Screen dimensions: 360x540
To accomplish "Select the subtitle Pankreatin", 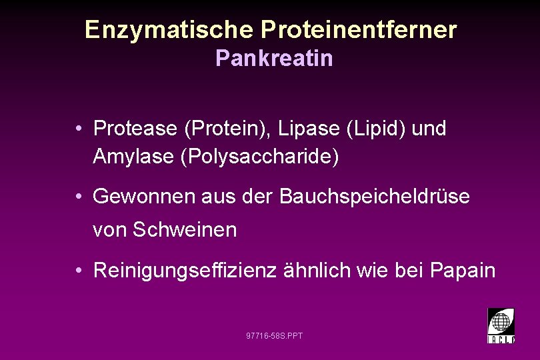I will pyautogui.click(x=274, y=59).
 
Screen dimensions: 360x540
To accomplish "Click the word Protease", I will pyautogui.click(x=135, y=129).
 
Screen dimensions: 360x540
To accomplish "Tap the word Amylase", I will pyautogui.click(x=134, y=157).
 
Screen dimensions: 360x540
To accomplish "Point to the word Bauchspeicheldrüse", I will pyautogui.click(x=375, y=197).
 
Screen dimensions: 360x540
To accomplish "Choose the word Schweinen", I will pyautogui.click(x=185, y=230).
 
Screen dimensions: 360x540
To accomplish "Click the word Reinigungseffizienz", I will pyautogui.click(x=185, y=271).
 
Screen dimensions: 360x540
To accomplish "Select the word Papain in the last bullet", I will pyautogui.click(x=463, y=271).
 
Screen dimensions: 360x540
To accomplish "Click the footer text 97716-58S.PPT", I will pyautogui.click(x=274, y=335).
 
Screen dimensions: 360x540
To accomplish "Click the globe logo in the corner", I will pyautogui.click(x=501, y=325).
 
